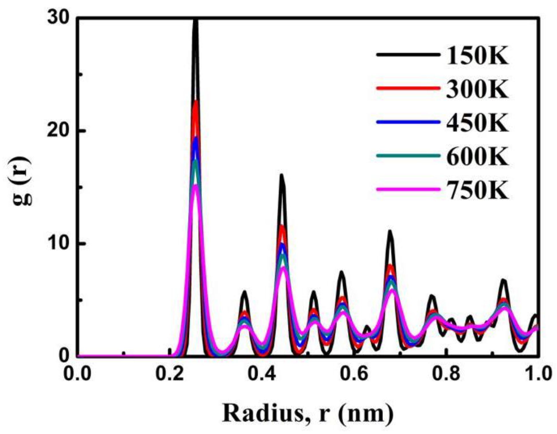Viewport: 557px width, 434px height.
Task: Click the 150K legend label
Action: [x=477, y=55]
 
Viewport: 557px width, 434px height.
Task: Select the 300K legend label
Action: [x=477, y=89]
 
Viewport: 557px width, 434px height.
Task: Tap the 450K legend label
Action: [x=477, y=123]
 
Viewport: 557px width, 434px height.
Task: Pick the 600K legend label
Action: [x=477, y=156]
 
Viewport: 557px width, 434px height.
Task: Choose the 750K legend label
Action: [x=477, y=190]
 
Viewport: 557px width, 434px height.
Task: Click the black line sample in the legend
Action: [x=408, y=55]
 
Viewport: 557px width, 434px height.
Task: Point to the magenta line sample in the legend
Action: [x=408, y=189]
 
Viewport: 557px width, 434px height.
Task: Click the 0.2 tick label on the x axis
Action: [x=170, y=373]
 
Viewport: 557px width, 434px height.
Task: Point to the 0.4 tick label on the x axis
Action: [x=262, y=373]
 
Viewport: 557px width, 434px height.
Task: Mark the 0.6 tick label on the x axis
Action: [x=354, y=373]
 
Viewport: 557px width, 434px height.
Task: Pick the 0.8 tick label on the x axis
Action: [x=446, y=373]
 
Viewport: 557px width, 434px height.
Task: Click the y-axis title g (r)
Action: [x=22, y=181]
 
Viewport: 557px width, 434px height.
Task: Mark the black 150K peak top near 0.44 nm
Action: [x=282, y=175]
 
